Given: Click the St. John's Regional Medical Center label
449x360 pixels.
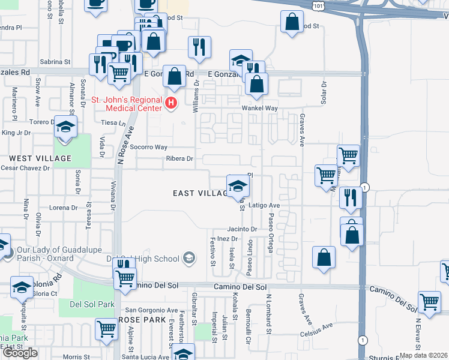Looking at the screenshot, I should tap(126, 104).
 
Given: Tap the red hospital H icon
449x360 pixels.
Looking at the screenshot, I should tap(172, 103).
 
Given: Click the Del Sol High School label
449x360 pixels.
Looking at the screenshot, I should tap(143, 259).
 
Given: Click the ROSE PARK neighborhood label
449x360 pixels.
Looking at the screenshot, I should tap(142, 320).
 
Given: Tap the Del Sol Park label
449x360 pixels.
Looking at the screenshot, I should tap(92, 304).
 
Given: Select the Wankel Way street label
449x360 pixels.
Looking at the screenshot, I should tap(259, 108).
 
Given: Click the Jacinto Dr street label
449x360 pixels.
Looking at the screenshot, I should tap(242, 229).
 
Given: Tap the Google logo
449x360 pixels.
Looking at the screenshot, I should tap(20, 352).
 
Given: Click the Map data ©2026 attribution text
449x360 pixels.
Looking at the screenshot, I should tap(423, 355).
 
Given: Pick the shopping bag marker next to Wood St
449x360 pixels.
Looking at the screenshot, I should tap(292, 23).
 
